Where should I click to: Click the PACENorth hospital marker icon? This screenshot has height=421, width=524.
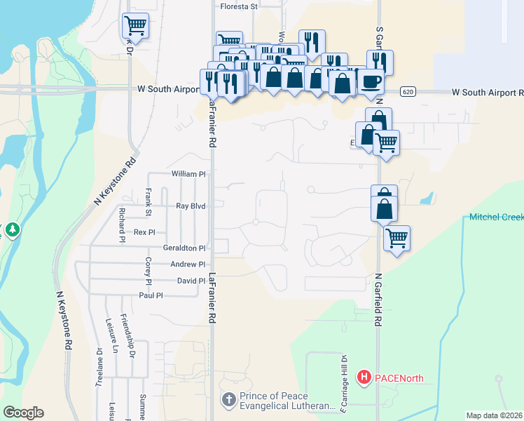tap(364, 377)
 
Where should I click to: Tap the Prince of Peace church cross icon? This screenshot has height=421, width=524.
tap(228, 400)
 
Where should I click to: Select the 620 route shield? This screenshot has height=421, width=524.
tap(410, 92)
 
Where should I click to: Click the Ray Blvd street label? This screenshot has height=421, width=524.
tap(190, 206)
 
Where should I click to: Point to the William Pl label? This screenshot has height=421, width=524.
tap(188, 173)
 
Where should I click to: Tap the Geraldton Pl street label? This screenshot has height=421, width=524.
tap(184, 248)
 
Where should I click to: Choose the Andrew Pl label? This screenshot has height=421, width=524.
tap(188, 265)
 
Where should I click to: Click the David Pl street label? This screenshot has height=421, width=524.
tap(191, 281)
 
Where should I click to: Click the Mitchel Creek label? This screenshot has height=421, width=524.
tap(496, 217)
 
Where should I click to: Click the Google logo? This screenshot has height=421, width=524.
tap(23, 413)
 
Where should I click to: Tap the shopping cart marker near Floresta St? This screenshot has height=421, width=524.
tap(135, 25)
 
